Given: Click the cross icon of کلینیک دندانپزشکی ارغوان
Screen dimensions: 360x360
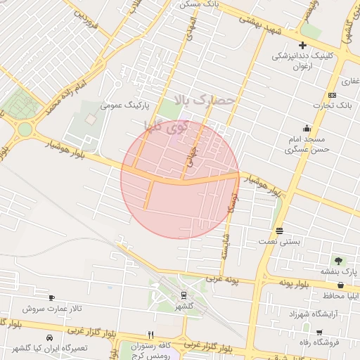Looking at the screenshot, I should tap(302, 46).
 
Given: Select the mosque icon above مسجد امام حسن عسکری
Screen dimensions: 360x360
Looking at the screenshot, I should tap(307, 129).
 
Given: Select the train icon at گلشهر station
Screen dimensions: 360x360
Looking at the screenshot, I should tap(184, 295).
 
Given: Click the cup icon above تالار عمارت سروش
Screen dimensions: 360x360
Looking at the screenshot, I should tap(51, 297).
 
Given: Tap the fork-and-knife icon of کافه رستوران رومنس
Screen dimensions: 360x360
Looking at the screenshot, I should tap(150, 335).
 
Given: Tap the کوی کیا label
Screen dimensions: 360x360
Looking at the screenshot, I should tap(166, 127).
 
